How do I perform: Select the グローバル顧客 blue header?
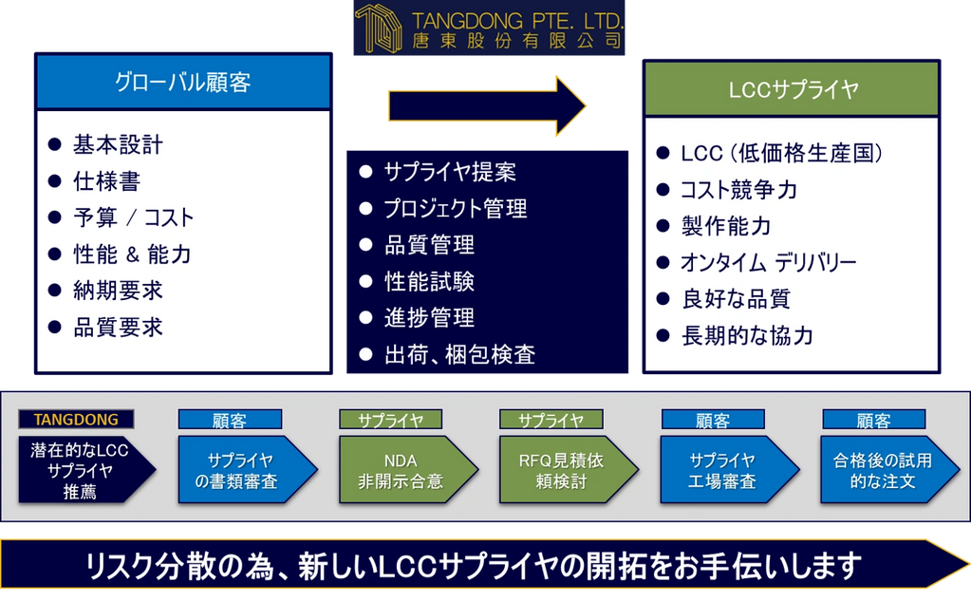(x=182, y=83)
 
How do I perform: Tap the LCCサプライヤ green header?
(x=792, y=89)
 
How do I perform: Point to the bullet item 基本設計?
(x=118, y=145)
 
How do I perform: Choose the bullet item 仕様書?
(x=106, y=181)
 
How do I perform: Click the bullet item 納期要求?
(x=118, y=291)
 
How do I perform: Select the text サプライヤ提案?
(x=450, y=173)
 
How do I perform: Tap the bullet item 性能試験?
(x=429, y=282)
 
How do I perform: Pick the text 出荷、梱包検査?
(x=459, y=355)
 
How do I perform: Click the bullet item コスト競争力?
(x=738, y=190)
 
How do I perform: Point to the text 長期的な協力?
(x=747, y=336)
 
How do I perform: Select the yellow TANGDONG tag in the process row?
(x=76, y=419)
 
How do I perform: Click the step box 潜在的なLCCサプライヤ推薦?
(x=80, y=469)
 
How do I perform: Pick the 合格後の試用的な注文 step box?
(x=882, y=470)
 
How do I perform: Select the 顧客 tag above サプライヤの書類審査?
(x=230, y=420)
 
